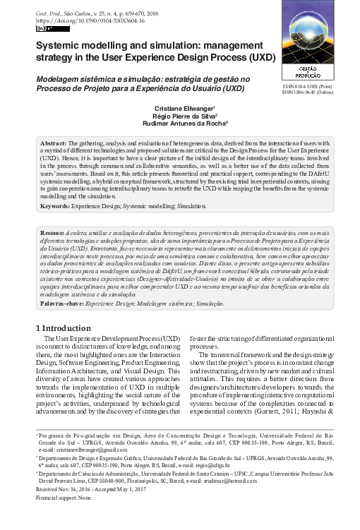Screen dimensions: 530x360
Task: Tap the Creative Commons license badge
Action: pyautogui.click(x=43, y=29)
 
